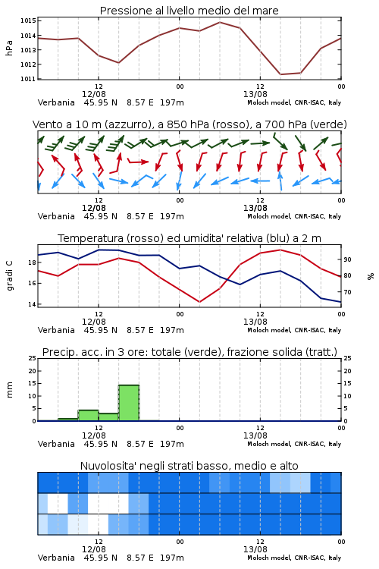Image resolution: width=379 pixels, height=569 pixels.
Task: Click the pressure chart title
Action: coord(189,11)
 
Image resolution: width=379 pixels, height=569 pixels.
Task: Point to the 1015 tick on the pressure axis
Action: coord(28,20)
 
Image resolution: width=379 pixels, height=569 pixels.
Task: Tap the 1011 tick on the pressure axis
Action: coord(28,79)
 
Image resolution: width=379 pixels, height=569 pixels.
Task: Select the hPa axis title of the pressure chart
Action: coord(9,49)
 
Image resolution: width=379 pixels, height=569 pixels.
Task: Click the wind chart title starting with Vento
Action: coord(189,124)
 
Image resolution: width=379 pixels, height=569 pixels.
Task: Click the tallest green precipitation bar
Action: coord(129,403)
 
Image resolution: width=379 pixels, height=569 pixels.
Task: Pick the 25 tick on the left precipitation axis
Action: coord(33,358)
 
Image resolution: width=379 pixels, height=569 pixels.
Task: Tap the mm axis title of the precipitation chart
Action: coord(9,390)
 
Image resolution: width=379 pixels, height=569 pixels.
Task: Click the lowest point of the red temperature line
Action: coord(199,302)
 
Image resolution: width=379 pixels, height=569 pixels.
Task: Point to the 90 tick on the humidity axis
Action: coord(347,259)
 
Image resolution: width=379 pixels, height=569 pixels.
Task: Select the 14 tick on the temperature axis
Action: coord(33,304)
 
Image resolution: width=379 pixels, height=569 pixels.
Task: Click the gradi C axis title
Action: coord(9,275)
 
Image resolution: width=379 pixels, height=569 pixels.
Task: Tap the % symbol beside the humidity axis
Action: coord(371,276)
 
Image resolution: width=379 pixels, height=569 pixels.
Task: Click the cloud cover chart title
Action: coord(189,466)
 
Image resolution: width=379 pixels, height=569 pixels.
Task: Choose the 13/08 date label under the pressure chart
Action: coord(255,94)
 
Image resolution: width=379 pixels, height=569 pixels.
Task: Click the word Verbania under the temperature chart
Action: coord(56,330)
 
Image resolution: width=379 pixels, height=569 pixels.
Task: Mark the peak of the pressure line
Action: coord(220,22)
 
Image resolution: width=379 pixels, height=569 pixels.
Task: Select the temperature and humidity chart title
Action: coord(189,238)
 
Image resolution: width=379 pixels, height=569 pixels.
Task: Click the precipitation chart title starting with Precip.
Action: coord(189,352)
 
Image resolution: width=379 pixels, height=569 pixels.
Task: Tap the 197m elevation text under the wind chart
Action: coord(172,216)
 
